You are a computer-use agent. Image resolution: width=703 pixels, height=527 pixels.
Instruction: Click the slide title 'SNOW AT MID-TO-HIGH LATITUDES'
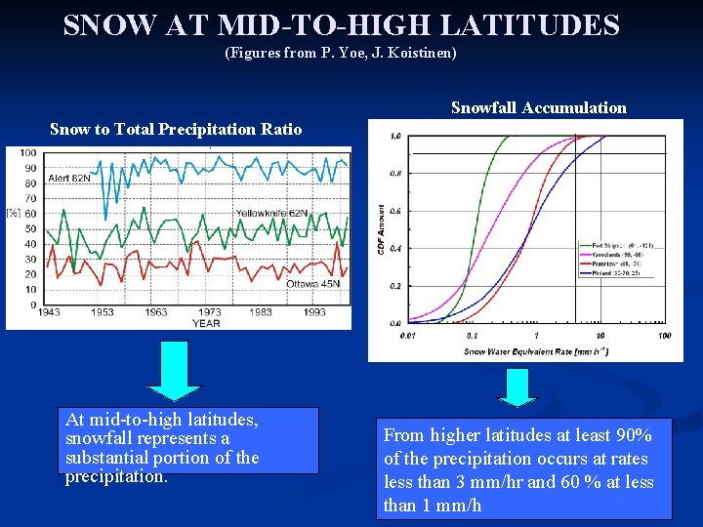[341, 24]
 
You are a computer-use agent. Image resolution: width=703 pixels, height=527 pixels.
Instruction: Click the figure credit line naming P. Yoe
[341, 53]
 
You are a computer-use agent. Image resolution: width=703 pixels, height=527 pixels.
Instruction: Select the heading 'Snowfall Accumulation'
[538, 107]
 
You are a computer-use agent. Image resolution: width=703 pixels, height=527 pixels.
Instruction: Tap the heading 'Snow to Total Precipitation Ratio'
[176, 129]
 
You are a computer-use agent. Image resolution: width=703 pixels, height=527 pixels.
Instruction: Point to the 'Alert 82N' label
[68, 179]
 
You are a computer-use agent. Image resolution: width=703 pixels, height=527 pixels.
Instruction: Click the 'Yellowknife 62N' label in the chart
[271, 213]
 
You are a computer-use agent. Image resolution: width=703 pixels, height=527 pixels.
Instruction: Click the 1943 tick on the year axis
[46, 312]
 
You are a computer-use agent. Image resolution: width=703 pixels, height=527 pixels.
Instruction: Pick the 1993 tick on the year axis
[313, 312]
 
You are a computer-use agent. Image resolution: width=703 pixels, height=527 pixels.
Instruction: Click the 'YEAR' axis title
[206, 323]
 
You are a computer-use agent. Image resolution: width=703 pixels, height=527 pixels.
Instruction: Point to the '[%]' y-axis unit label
[13, 212]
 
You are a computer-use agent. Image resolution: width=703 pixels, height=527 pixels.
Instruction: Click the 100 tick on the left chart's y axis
[27, 153]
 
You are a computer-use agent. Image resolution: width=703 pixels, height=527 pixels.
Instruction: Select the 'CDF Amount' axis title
[381, 231]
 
